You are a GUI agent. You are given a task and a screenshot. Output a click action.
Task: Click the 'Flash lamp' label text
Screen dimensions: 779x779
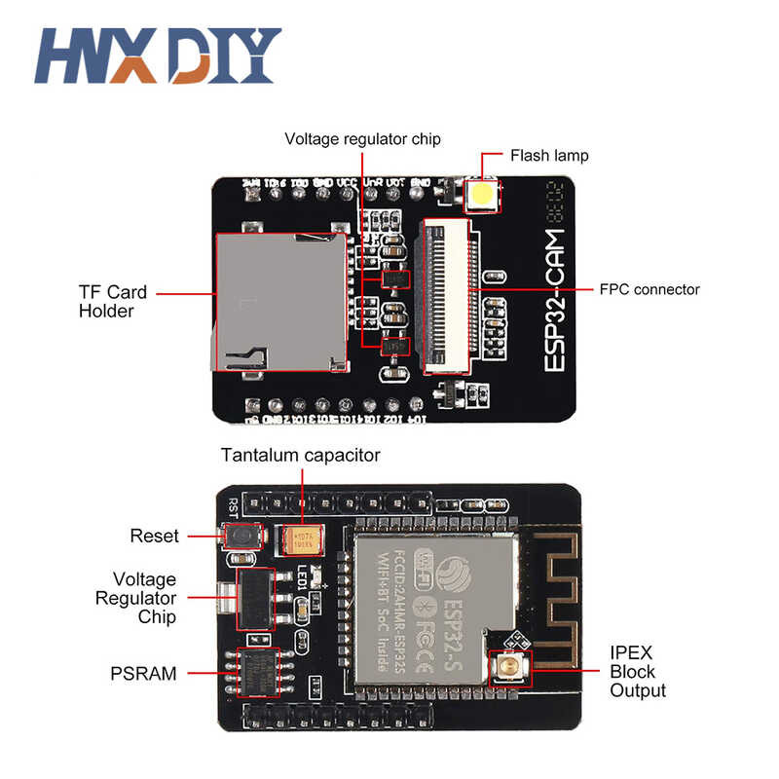(549, 155)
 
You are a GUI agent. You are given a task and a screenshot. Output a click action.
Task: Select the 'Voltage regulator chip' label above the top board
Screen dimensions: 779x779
(362, 139)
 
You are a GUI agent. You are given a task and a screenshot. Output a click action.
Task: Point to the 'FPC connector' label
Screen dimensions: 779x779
(650, 289)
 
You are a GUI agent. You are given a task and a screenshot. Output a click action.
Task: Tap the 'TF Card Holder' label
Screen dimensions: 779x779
(112, 301)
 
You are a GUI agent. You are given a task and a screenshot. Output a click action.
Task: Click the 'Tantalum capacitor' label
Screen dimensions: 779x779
(300, 455)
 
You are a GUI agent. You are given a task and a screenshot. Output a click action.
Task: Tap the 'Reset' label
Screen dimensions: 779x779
(155, 536)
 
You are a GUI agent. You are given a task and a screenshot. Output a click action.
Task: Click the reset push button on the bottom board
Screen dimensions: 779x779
(240, 537)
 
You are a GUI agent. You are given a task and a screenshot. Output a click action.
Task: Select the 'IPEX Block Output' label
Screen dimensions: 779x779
(638, 672)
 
